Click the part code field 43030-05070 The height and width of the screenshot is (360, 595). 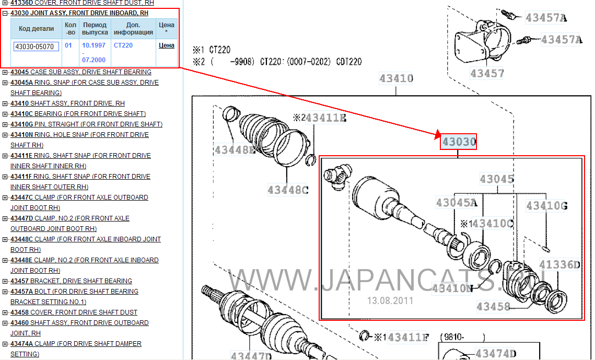pyautogui.click(x=36, y=47)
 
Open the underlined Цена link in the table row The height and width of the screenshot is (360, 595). pyautogui.click(x=166, y=45)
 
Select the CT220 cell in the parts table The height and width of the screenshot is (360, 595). pyautogui.click(x=123, y=45)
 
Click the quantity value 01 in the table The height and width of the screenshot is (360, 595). pyautogui.click(x=68, y=45)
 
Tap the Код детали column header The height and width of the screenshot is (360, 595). pyautogui.click(x=37, y=28)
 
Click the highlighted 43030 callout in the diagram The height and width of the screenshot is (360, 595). pyautogui.click(x=458, y=142)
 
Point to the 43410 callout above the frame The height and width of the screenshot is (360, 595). pyautogui.click(x=396, y=78)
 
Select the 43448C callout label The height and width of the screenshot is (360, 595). pyautogui.click(x=288, y=190)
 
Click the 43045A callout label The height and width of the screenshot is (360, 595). pyautogui.click(x=457, y=203)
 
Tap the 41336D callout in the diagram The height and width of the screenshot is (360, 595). pyautogui.click(x=559, y=264)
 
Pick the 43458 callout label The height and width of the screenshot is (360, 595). pyautogui.click(x=493, y=306)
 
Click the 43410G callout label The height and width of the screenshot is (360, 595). pyautogui.click(x=547, y=206)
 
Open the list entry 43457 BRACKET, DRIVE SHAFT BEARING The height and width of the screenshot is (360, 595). pyautogui.click(x=71, y=281)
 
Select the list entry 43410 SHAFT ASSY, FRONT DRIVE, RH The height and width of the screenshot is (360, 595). pyautogui.click(x=67, y=103)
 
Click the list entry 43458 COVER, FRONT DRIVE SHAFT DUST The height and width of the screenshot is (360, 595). pyautogui.click(x=74, y=312)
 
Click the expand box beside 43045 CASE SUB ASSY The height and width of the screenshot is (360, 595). pyautogui.click(x=5, y=72)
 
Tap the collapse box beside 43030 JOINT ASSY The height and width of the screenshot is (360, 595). pyautogui.click(x=5, y=13)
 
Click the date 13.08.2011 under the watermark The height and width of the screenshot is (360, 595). pyautogui.click(x=390, y=301)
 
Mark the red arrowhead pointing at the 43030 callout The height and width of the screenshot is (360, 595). pyautogui.click(x=438, y=134)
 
